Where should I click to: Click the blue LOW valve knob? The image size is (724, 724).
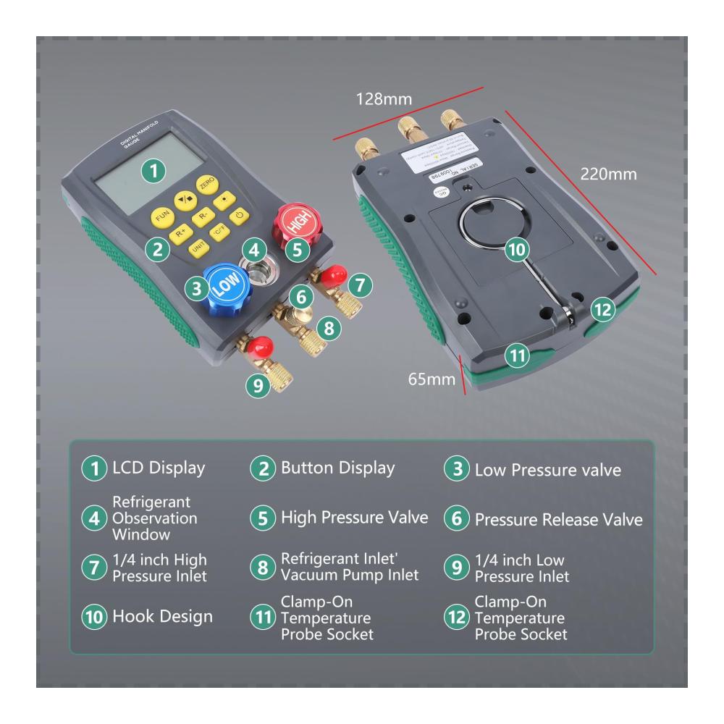tap(225, 289)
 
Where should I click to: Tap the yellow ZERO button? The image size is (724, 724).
tap(208, 186)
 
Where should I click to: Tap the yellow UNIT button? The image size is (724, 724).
tap(198, 248)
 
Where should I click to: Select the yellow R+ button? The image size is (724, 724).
tap(181, 234)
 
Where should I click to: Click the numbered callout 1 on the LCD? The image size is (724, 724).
tap(153, 171)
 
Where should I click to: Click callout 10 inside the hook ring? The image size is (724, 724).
tap(515, 250)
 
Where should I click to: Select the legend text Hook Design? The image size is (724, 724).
tap(162, 617)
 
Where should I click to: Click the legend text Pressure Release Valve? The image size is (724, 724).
tap(558, 520)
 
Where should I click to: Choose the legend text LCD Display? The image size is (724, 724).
tap(158, 468)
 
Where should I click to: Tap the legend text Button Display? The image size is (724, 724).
tap(337, 468)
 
